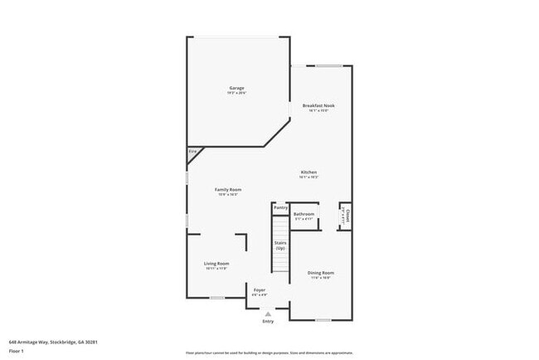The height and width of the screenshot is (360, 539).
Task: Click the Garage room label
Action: pos(237,88)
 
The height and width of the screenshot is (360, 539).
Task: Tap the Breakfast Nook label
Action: pos(318,105)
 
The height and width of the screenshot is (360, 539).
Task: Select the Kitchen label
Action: pos(308,172)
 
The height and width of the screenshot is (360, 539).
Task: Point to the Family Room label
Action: pos(227,190)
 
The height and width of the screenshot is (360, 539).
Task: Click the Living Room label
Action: pos(216,264)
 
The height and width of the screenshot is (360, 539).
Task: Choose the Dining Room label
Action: pos(321,272)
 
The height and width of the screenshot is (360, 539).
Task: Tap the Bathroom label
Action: pos(303,214)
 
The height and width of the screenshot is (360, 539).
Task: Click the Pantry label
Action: pos(280,207)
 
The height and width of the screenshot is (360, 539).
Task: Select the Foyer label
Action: pos(260,289)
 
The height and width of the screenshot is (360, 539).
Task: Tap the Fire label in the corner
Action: pos(192,152)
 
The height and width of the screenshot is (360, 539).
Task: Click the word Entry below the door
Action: pos(268,321)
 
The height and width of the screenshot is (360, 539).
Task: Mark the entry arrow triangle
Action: pos(268,314)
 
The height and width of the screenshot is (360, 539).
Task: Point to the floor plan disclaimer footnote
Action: pos(269,351)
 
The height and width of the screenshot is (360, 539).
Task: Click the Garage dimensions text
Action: pos(237,93)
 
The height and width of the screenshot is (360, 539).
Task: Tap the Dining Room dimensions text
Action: pos(321,277)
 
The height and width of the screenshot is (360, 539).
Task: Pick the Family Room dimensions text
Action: pos(227,195)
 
